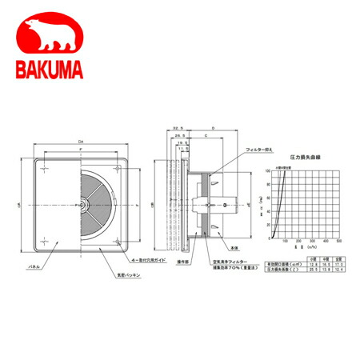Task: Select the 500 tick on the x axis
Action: point(338,241)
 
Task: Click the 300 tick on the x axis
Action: point(311,241)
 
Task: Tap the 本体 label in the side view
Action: point(234,250)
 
